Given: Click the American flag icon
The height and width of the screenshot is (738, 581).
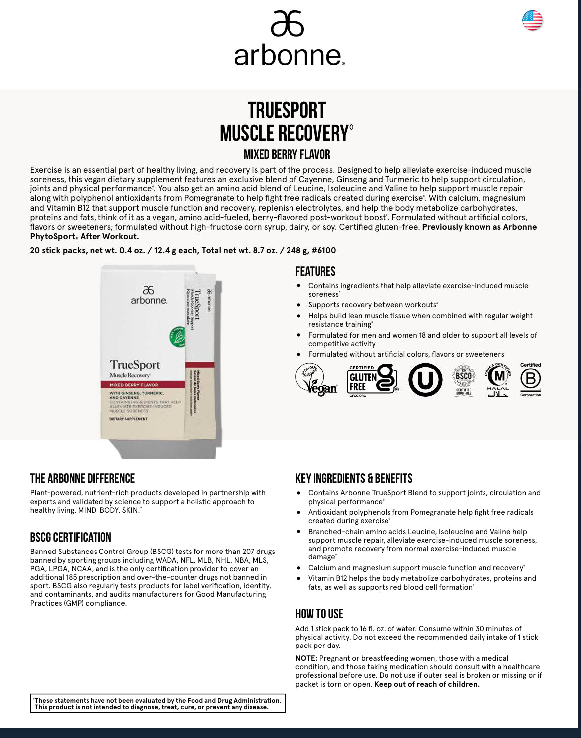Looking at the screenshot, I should click(x=532, y=21).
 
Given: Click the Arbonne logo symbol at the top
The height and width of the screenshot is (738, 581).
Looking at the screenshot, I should click(x=287, y=24).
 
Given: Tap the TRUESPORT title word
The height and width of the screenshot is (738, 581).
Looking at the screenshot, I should click(x=287, y=110).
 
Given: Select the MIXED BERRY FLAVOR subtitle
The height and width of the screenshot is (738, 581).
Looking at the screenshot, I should click(x=287, y=155).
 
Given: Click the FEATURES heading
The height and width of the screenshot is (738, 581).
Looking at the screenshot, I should click(x=315, y=272).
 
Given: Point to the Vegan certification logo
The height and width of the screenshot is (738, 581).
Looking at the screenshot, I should click(x=316, y=379).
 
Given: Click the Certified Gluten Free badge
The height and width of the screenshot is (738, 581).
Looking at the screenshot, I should click(x=373, y=380).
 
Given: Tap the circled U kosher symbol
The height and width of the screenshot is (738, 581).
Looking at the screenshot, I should click(x=425, y=380).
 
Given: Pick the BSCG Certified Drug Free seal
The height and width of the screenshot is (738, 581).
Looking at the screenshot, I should click(x=464, y=380).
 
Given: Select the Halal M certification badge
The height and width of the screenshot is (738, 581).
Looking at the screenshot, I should click(x=498, y=380).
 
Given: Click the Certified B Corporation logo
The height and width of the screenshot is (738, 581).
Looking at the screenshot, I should click(x=530, y=380).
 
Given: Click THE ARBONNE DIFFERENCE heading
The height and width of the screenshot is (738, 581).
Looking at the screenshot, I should click(x=83, y=479).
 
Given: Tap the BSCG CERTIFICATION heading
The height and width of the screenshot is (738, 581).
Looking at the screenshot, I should click(x=71, y=538).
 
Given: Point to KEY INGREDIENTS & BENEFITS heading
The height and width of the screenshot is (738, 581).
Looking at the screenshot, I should click(x=354, y=479).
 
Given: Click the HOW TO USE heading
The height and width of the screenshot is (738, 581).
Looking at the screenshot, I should click(x=319, y=614).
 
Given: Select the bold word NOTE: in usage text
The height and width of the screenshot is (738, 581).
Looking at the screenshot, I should click(x=306, y=658).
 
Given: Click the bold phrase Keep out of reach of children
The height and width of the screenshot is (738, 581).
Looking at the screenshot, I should click(x=426, y=684).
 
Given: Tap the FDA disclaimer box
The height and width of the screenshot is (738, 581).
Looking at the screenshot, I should click(x=158, y=704).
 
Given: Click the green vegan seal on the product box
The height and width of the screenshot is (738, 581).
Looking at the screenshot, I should click(x=178, y=336).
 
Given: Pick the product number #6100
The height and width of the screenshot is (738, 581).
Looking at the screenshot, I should click(x=324, y=251).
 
